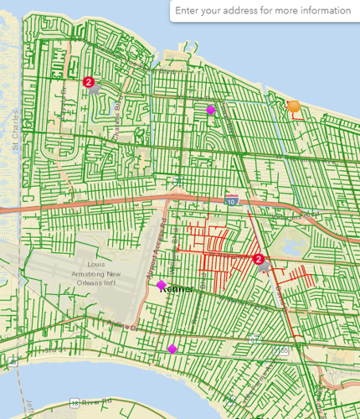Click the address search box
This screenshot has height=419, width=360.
click(x=263, y=11)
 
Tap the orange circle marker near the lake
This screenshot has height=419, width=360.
click(x=293, y=106)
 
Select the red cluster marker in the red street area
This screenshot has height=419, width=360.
click(x=259, y=260)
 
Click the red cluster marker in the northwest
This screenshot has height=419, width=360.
click(x=89, y=81)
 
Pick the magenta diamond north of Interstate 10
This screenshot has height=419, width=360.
click(x=211, y=110)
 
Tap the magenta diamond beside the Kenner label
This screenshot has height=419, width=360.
click(x=162, y=285)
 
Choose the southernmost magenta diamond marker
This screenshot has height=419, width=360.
click(x=172, y=349)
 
